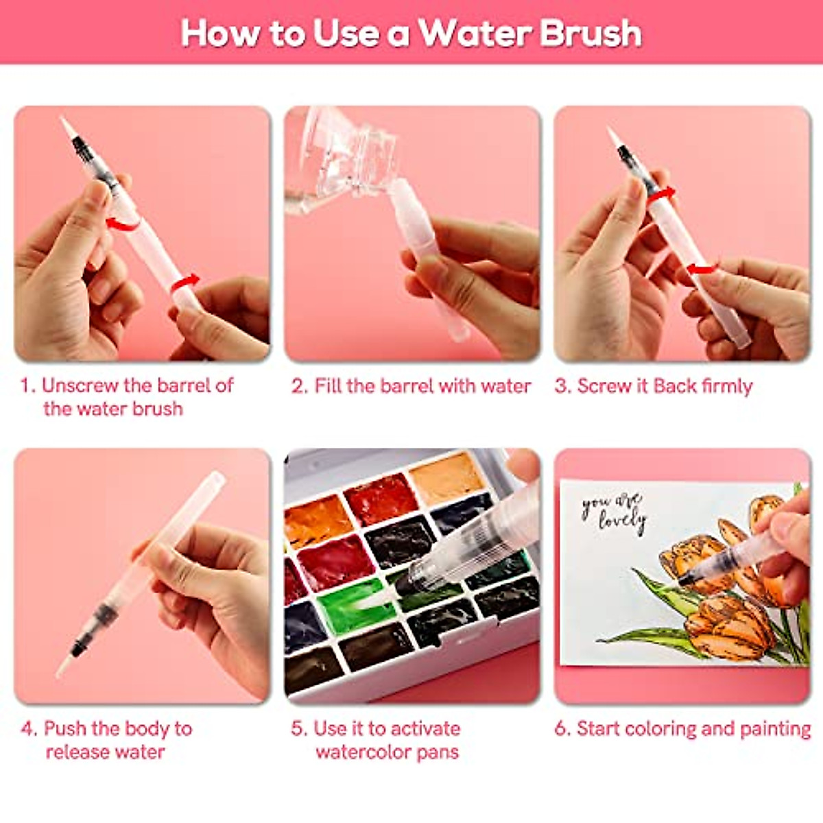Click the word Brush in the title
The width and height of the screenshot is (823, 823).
(591, 33)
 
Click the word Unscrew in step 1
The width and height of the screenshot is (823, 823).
(80, 385)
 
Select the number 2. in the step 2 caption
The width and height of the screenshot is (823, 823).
(299, 386)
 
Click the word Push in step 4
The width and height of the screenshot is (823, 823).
(65, 728)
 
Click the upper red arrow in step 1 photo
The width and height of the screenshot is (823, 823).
(121, 222)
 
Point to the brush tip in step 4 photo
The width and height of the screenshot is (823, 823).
(65, 665)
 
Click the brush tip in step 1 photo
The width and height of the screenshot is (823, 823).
(67, 127)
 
